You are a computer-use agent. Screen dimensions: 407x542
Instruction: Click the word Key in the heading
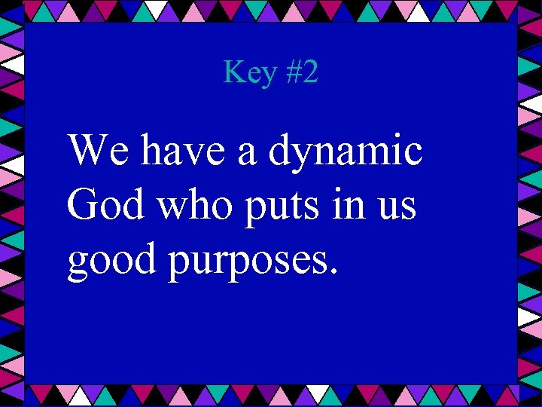pyautogui.click(x=248, y=73)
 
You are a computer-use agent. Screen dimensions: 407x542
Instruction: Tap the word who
pyautogui.click(x=203, y=206)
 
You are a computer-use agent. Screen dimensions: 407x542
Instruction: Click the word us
pyautogui.click(x=397, y=208)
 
